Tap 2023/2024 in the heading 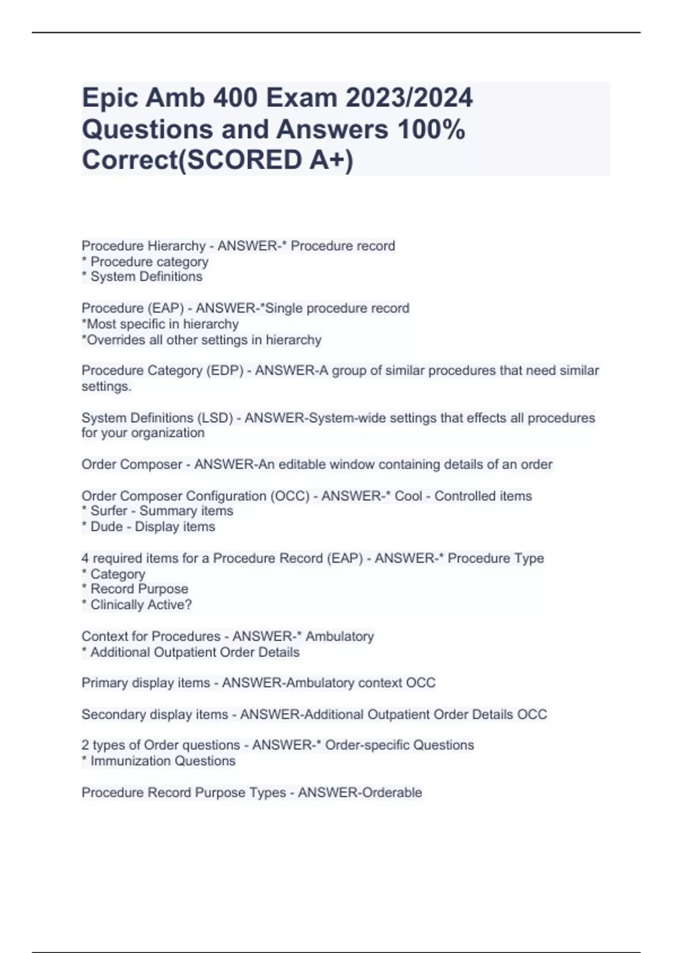[409, 98]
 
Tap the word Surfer [109, 511]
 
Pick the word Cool [408, 496]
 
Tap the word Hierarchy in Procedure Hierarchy [176, 246]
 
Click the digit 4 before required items [85, 558]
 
